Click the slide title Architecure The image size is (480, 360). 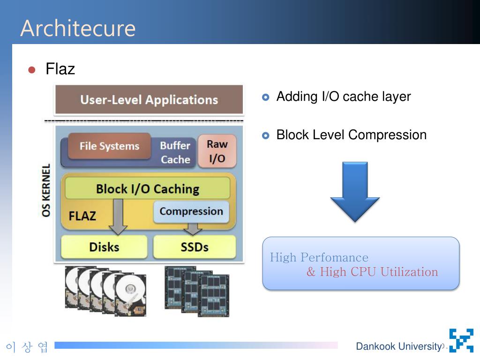coord(78,28)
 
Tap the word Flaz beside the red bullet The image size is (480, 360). coord(60,69)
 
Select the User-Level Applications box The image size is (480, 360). coord(149,99)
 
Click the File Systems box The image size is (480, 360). coord(109,146)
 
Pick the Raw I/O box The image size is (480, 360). coord(217,151)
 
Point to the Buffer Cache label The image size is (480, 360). coord(175,152)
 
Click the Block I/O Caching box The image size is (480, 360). coord(147,189)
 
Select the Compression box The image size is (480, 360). coord(191,211)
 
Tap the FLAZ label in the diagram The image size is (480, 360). coord(82,216)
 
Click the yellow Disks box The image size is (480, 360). coord(104,247)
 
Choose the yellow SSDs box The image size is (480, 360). coord(195,247)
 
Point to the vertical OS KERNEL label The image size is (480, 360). coord(46,190)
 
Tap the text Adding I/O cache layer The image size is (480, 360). coord(343,97)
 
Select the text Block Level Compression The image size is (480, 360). coord(351,135)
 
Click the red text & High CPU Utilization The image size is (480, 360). coord(372,272)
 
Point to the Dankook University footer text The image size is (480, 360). coord(398,346)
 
